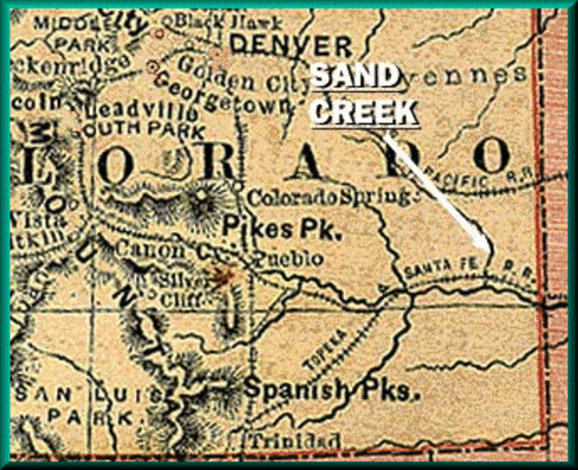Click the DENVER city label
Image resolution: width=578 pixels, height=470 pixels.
click(x=292, y=45)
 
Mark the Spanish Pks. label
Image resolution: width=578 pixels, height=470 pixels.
click(x=331, y=390)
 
